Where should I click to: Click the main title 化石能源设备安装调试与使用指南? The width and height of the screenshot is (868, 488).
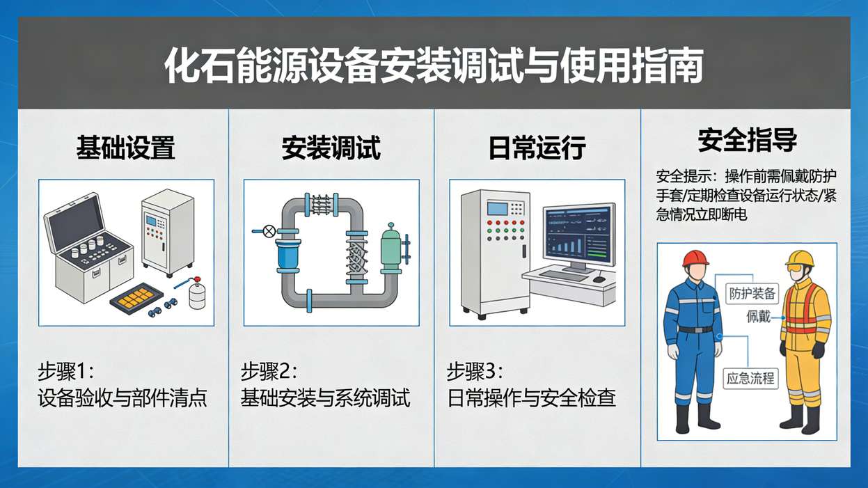pos(433,66)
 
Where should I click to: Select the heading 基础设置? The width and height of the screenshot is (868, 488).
pos(125,148)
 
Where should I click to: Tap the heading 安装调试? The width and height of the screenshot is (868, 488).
pos(331,148)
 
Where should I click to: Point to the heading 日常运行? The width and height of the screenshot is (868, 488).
pos(537,148)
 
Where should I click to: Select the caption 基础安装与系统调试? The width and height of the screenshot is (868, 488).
pos(325,398)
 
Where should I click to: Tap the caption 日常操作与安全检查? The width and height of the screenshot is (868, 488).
pos(532,398)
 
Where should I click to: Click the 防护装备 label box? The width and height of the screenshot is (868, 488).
pos(751,293)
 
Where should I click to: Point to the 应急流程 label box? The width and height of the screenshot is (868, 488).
pos(750,379)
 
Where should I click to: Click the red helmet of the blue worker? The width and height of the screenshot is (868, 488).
pos(695,258)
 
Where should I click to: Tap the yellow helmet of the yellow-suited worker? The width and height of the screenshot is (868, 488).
pos(801,259)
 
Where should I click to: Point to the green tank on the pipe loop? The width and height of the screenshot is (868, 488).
pos(390,248)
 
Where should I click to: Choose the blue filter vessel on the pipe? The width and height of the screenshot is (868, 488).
pos(287,253)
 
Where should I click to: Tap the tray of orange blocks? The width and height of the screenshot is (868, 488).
pos(141,298)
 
